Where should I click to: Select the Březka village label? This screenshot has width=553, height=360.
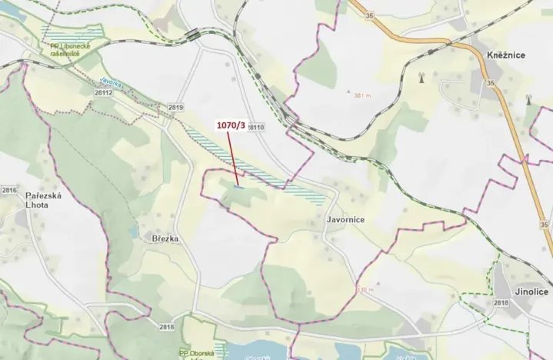(165, 239)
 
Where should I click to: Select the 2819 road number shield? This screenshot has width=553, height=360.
(176, 108)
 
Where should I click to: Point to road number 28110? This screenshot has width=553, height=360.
(255, 127)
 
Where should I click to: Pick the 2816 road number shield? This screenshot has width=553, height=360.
(9, 190)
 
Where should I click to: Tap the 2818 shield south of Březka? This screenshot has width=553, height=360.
(167, 327)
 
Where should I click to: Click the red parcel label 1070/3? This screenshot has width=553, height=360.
(232, 126)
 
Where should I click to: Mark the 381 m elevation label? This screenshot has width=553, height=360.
(362, 96)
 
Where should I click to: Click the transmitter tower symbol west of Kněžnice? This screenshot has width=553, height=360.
(421, 78)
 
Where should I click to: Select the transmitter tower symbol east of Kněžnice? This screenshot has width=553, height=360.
(529, 99)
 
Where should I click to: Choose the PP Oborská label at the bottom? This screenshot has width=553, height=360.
(195, 353)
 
